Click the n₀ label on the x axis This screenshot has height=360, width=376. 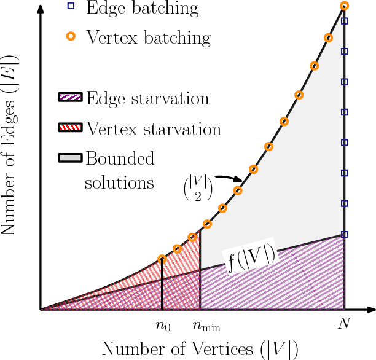click(162, 325)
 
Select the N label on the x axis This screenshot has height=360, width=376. click(344, 324)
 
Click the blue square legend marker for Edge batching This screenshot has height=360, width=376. click(71, 7)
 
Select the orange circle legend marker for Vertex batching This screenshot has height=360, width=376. click(71, 37)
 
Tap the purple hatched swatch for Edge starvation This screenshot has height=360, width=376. click(71, 98)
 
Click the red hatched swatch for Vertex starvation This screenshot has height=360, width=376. click(71, 129)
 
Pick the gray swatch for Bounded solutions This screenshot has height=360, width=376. click(71, 158)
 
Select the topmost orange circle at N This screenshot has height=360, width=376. click(344, 6)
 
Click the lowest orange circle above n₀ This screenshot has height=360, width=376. click(162, 259)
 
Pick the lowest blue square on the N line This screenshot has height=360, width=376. click(345, 234)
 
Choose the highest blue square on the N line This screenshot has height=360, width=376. click(345, 21)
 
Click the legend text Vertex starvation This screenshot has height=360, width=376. click(154, 129)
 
